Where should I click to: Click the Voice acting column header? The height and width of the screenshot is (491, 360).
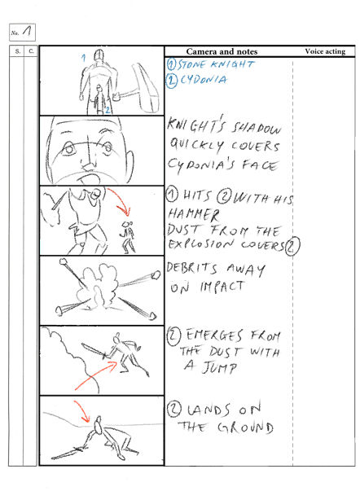coord(324,51)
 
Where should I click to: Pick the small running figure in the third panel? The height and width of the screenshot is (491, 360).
coord(126,234)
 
